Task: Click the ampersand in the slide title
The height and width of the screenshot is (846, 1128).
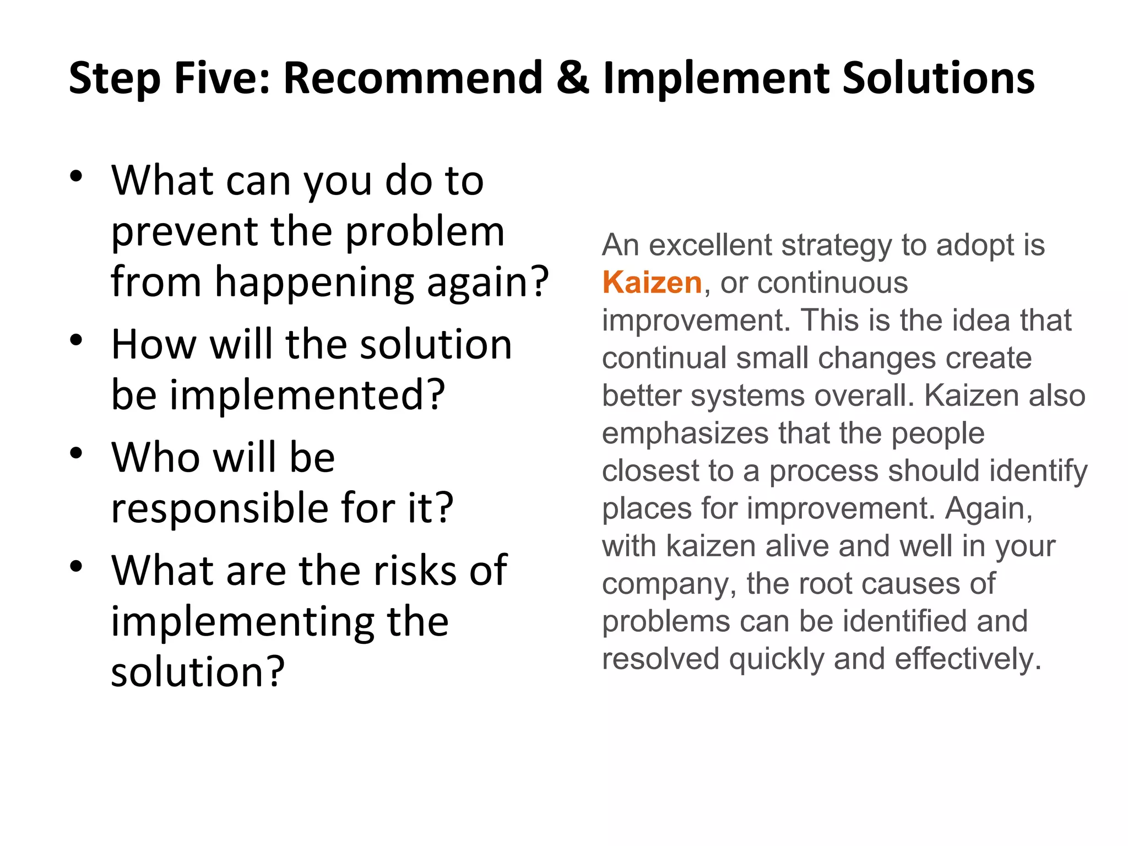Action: pos(573,78)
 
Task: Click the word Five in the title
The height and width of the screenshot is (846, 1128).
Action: pos(221,78)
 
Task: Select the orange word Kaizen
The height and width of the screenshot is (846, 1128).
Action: pos(652,283)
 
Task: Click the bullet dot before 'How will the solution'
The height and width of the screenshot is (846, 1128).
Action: pos(76,340)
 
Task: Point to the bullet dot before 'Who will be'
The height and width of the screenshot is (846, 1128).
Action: pos(76,453)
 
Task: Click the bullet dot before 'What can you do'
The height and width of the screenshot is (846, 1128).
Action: pos(76,176)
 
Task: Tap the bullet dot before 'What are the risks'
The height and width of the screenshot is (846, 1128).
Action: pos(76,566)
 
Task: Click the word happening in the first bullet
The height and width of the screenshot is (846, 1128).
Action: pos(314,283)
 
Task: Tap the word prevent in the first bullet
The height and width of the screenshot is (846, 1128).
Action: pos(184,231)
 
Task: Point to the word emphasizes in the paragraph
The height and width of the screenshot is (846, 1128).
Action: pos(685,433)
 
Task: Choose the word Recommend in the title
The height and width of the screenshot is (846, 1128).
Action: pos(413,78)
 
